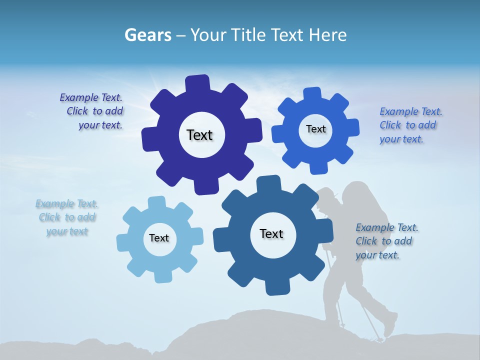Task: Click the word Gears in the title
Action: (x=147, y=35)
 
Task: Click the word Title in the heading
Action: (x=248, y=35)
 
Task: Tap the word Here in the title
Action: (x=327, y=35)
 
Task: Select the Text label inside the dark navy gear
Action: (x=199, y=135)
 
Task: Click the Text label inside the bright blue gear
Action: (x=315, y=129)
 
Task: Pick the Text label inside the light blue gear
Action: (x=159, y=238)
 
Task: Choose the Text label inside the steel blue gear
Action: (x=271, y=233)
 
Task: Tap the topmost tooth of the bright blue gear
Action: (x=312, y=94)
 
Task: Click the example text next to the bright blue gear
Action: (x=410, y=125)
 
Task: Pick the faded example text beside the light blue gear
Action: (x=67, y=217)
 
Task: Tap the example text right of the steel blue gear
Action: (x=386, y=241)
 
